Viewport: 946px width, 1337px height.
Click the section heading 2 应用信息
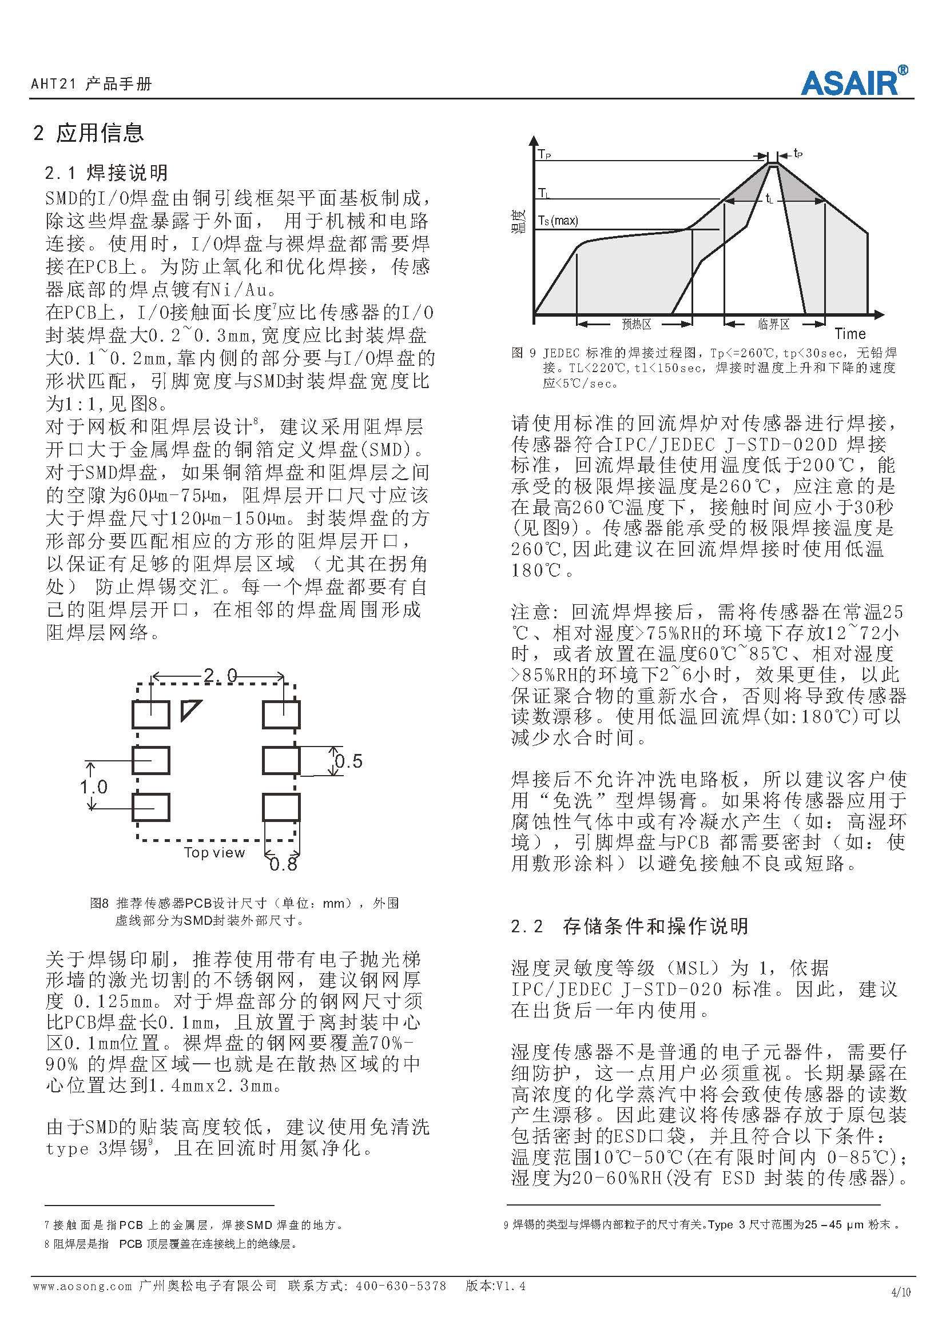(x=89, y=133)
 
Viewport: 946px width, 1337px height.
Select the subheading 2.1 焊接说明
(x=106, y=173)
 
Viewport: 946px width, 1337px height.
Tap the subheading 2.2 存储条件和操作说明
(x=629, y=926)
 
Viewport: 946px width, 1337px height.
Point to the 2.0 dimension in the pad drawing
(x=220, y=676)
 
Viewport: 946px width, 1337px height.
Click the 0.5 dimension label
(x=349, y=761)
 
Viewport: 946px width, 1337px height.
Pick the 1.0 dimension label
(x=94, y=787)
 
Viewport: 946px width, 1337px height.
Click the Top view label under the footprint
(x=214, y=852)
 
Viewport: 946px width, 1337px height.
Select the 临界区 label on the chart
(x=774, y=324)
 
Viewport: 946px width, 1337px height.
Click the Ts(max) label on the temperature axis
(x=558, y=220)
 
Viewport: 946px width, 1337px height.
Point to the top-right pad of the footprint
(x=281, y=715)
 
